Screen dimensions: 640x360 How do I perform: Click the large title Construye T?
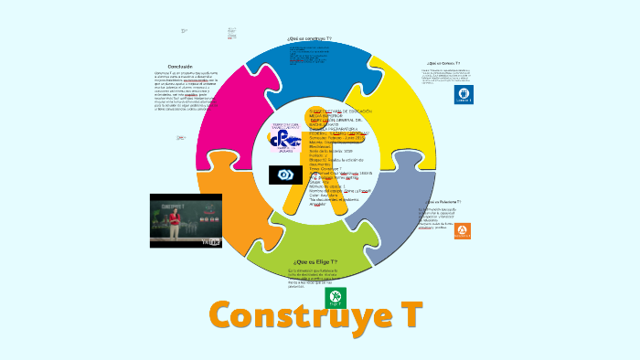pyautogui.click(x=315, y=316)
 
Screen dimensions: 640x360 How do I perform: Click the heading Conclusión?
pyautogui.click(x=180, y=67)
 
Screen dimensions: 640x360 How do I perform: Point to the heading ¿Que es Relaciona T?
pyautogui.click(x=443, y=201)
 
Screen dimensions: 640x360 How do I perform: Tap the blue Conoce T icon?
pyautogui.click(x=464, y=94)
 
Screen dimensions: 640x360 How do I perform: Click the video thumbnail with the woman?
pyautogui.click(x=186, y=220)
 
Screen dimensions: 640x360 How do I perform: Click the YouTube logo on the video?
pyautogui.click(x=211, y=241)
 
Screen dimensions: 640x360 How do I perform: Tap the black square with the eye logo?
pyautogui.click(x=285, y=175)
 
